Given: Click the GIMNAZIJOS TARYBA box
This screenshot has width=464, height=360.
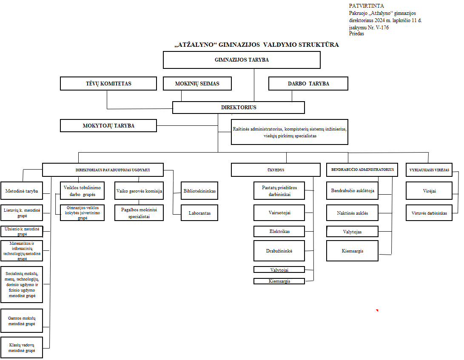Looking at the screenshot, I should [242, 60].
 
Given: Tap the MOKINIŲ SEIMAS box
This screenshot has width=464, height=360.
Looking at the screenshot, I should [197, 84].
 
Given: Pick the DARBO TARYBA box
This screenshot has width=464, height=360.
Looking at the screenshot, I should [308, 84].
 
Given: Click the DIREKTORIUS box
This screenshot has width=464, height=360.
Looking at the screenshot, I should [239, 108].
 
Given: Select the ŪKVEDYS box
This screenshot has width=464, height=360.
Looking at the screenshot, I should [276, 170].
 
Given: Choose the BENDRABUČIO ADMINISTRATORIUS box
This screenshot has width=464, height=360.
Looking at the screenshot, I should [362, 169].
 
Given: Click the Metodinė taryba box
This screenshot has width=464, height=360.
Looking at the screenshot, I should [22, 191].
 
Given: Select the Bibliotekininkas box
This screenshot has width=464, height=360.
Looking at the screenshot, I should [199, 191].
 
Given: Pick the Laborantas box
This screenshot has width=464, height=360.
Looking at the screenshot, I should [199, 213].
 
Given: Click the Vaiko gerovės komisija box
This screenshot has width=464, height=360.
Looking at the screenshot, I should [139, 191].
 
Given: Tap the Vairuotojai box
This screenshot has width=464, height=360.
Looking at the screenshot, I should [279, 213].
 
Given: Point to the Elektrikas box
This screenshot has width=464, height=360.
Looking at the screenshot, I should [279, 232].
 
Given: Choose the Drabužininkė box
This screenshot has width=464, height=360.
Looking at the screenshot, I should [279, 251].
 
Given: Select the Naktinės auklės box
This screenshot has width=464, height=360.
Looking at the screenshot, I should [352, 213].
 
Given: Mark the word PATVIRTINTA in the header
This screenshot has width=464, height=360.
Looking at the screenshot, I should [366, 6].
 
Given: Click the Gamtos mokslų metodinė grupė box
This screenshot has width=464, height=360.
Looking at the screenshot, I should [22, 321].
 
